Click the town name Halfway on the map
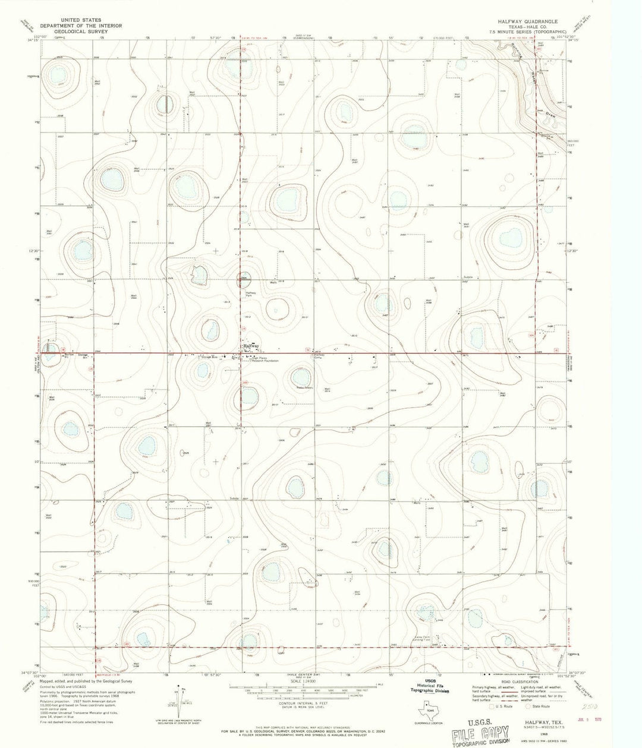click(251, 345)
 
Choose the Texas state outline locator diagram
click(427, 710)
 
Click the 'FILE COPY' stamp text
click(477, 732)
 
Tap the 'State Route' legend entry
click(541, 706)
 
